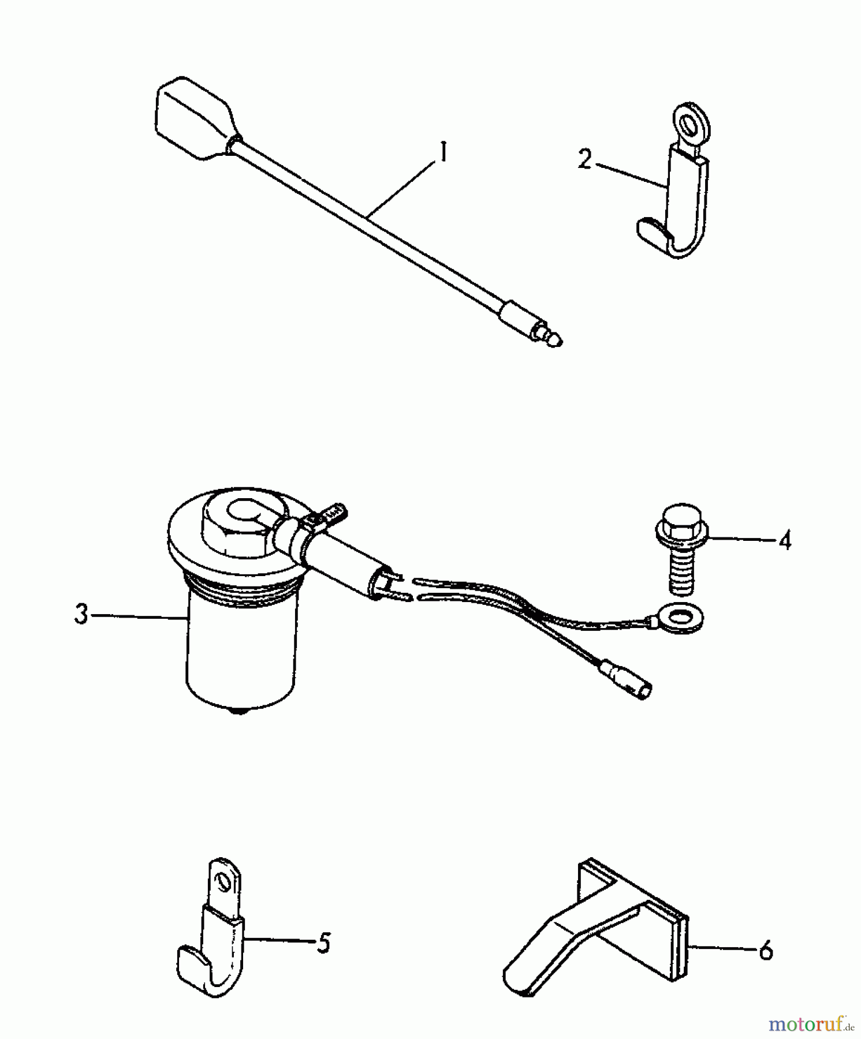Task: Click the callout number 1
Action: point(443,152)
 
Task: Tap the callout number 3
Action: point(81,614)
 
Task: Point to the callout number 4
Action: point(784,540)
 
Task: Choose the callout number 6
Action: point(766,950)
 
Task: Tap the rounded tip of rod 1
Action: point(555,341)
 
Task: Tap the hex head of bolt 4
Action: point(682,523)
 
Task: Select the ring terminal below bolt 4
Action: point(681,616)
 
